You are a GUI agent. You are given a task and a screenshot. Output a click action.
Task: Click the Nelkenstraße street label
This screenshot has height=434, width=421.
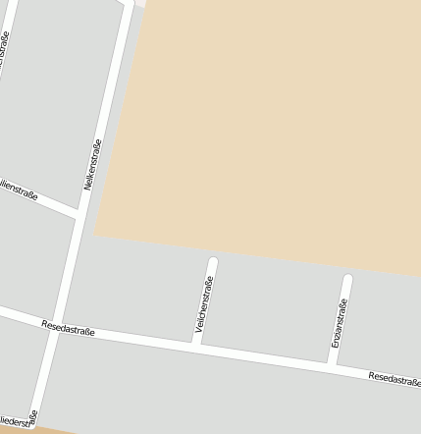(94, 164)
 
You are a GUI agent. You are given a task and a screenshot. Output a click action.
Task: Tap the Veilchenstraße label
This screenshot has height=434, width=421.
(205, 306)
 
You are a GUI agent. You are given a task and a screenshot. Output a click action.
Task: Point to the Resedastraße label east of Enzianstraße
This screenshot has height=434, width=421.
(395, 379)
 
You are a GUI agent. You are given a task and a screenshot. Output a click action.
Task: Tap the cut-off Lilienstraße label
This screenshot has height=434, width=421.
(19, 190)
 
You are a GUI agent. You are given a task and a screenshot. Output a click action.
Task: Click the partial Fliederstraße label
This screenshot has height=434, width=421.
(19, 421)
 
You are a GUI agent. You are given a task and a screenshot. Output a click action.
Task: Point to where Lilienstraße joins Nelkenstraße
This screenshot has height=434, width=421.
(78, 213)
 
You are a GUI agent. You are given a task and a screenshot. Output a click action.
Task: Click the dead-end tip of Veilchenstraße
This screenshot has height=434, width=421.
(213, 261)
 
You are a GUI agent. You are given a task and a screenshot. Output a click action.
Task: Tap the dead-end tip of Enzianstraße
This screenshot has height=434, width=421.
(347, 279)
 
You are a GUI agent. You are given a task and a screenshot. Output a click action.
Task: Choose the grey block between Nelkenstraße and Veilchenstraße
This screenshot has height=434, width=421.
(137, 285)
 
